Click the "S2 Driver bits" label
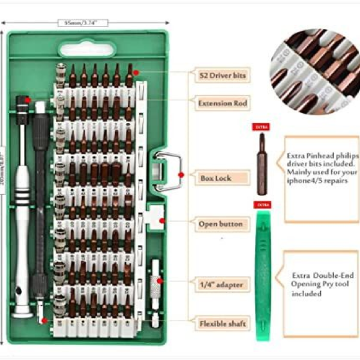[x=222, y=76]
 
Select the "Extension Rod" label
[x=223, y=103]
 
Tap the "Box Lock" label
[x=215, y=178]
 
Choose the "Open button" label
[x=221, y=224]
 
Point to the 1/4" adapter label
[x=221, y=284]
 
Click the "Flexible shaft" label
[x=222, y=324]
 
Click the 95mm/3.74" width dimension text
[x=82, y=23]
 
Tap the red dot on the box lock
[x=181, y=175]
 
